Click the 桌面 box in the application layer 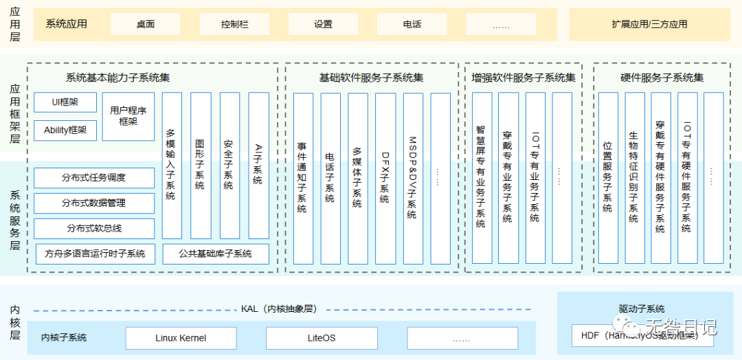145,24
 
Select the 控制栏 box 234,24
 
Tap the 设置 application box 323,24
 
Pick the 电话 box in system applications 412,24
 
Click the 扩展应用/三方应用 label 649,24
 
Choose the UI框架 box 65,103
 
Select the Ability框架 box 65,130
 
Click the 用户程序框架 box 128,116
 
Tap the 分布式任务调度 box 93,178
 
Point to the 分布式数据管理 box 93,203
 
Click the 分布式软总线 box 93,228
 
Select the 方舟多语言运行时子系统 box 95,254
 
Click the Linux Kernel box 181,338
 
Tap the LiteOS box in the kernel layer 322,338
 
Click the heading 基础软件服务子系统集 372,78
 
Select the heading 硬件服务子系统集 662,78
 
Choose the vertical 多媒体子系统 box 357,178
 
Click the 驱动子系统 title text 642,309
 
